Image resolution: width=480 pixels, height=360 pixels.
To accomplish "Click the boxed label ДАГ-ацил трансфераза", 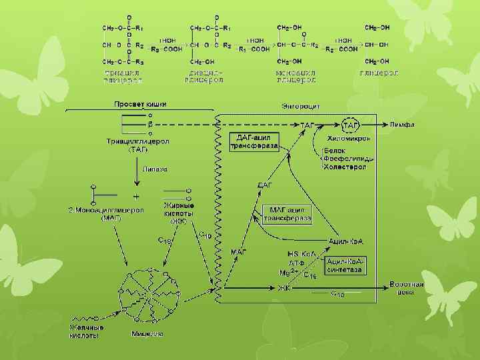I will pyautogui.click(x=253, y=141).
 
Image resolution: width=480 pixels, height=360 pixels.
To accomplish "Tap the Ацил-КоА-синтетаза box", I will pyautogui.click(x=345, y=265).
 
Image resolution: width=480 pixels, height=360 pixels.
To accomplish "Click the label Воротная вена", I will pyautogui.click(x=407, y=287).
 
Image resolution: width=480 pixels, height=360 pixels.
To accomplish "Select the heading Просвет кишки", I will pyautogui.click(x=139, y=104).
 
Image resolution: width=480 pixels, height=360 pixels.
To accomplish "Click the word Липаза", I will pyautogui.click(x=155, y=169).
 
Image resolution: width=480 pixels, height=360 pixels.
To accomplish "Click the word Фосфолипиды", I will pyautogui.click(x=344, y=159).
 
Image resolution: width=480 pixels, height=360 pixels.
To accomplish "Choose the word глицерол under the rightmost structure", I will pyautogui.click(x=379, y=71).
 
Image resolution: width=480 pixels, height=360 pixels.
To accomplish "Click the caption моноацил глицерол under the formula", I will pyautogui.click(x=295, y=75).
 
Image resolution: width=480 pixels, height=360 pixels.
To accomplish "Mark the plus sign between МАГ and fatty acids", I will pyautogui.click(x=137, y=197).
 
